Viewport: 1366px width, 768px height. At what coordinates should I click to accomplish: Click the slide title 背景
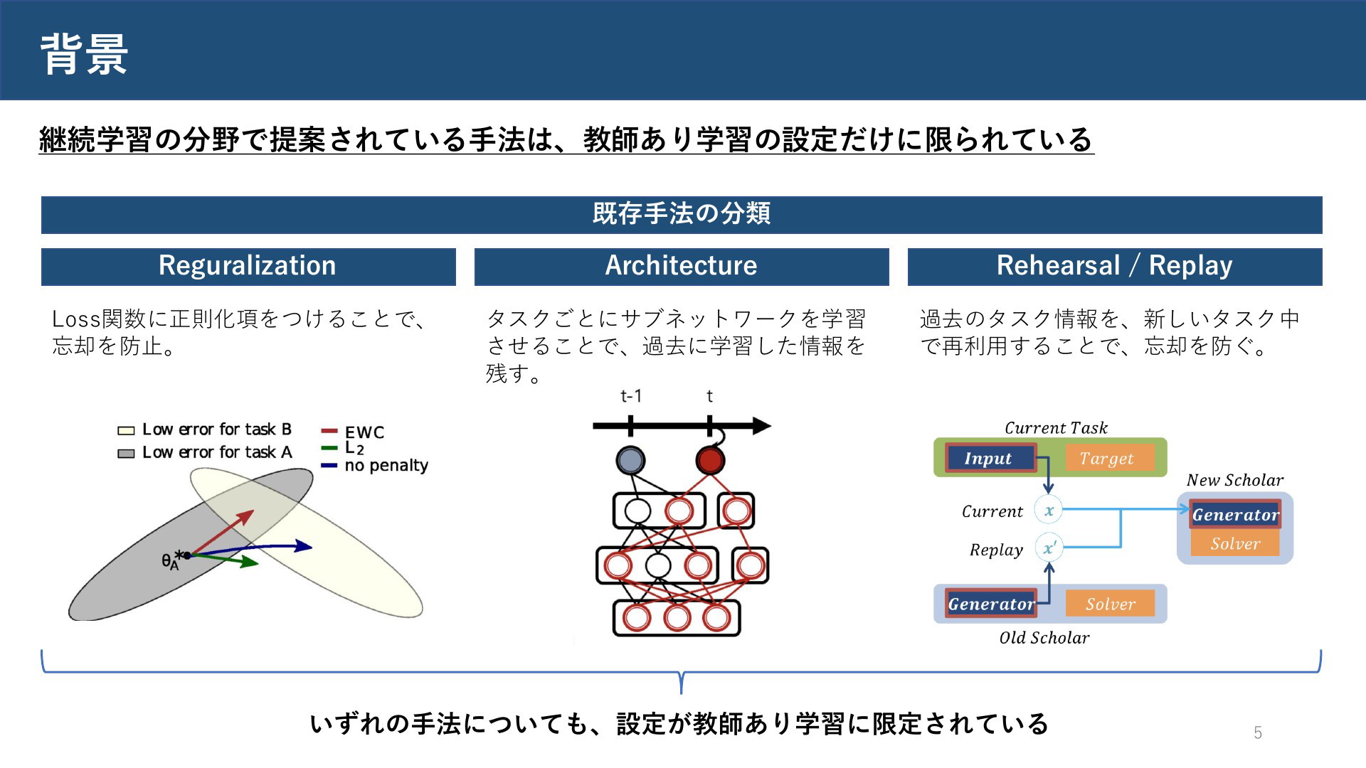click(84, 54)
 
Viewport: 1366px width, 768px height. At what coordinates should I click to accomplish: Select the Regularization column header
click(248, 267)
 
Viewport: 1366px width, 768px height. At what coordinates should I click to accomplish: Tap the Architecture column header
click(682, 267)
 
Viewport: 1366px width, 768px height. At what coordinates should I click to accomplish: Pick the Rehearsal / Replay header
click(1115, 267)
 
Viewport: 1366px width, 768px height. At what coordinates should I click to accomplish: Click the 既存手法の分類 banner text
click(682, 213)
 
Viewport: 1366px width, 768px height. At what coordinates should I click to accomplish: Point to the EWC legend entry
click(353, 432)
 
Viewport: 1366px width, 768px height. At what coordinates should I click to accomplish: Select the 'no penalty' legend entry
click(375, 466)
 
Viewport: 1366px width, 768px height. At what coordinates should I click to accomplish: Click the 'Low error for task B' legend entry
click(205, 430)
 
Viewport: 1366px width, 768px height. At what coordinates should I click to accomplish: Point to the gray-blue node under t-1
click(630, 460)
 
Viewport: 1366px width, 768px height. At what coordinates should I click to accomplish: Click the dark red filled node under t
click(710, 460)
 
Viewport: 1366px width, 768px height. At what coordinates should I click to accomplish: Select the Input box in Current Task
click(990, 458)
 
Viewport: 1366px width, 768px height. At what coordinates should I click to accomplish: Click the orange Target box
click(1107, 458)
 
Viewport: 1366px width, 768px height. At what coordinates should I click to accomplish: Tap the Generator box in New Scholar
click(1235, 514)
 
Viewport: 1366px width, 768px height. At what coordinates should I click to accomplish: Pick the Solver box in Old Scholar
click(1111, 604)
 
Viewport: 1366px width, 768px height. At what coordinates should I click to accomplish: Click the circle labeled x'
click(1049, 548)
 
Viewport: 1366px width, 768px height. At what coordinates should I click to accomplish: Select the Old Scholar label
click(1044, 638)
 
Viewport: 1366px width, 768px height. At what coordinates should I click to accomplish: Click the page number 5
click(1258, 732)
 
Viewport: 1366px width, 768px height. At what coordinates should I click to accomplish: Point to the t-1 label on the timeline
click(631, 396)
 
